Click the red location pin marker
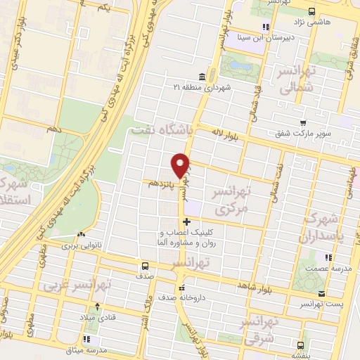click(181, 165)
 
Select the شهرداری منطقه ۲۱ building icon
click(202, 76)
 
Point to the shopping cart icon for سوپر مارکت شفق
click(303, 122)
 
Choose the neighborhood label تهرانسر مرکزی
click(231, 200)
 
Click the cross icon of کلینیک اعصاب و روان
click(186, 222)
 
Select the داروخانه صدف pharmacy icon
click(181, 287)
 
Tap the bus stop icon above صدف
click(145, 266)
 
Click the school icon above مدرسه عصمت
click(327, 257)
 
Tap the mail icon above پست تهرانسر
click(321, 293)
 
